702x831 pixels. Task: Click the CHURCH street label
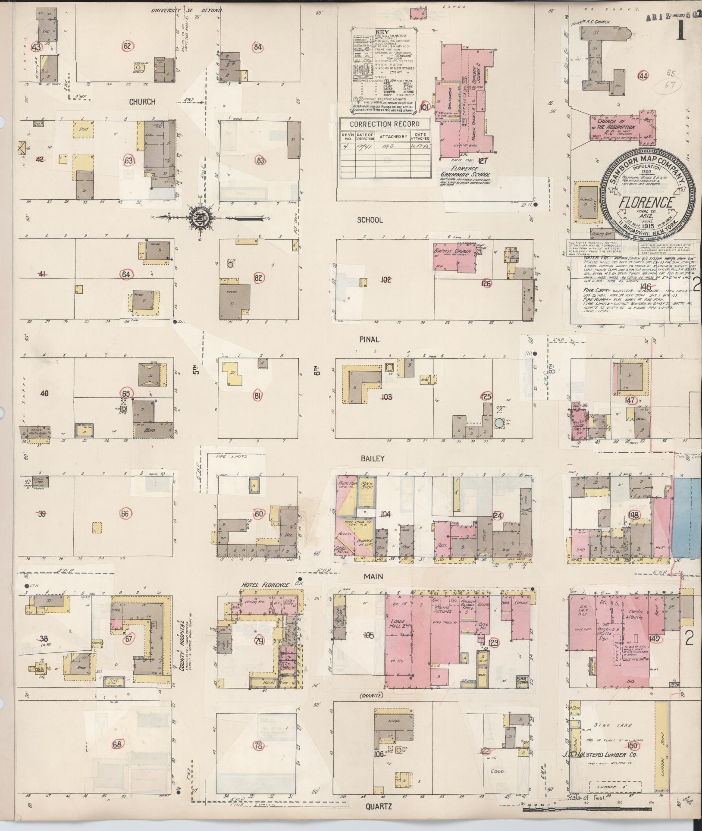click(142, 102)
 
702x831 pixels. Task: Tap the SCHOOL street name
click(370, 220)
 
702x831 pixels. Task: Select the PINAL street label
click(370, 339)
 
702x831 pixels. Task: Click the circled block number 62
click(127, 46)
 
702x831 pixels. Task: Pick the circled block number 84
click(258, 47)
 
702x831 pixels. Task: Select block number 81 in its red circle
click(258, 395)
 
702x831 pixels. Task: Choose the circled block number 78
click(258, 757)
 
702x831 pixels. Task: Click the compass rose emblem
click(200, 217)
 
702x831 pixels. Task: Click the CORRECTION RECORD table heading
click(384, 124)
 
